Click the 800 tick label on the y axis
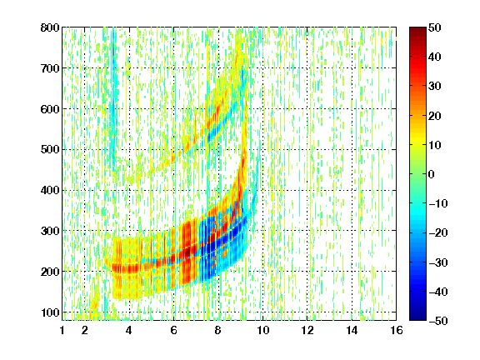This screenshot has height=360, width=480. (50, 27)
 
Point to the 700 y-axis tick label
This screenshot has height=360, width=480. (50, 68)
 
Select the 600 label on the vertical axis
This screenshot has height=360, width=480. (50, 109)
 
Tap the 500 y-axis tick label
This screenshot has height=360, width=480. (50, 150)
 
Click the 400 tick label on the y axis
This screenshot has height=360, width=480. (50, 191)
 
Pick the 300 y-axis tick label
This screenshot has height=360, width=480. (50, 231)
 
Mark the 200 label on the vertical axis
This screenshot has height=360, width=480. (50, 272)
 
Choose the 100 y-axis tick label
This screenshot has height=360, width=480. (50, 312)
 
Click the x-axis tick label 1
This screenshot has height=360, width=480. (62, 330)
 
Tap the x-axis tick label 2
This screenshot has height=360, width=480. (84, 330)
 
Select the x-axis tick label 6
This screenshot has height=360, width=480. (173, 330)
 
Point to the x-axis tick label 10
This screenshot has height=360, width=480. (263, 330)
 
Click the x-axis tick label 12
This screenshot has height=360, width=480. (307, 330)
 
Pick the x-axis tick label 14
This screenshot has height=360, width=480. (352, 330)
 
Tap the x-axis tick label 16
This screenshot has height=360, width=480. (397, 330)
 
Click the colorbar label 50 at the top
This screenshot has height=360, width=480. (435, 27)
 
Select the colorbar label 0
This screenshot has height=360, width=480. (432, 174)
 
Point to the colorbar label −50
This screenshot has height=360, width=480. (438, 321)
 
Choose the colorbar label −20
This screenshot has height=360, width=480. (438, 232)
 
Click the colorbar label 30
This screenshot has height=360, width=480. (435, 87)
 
